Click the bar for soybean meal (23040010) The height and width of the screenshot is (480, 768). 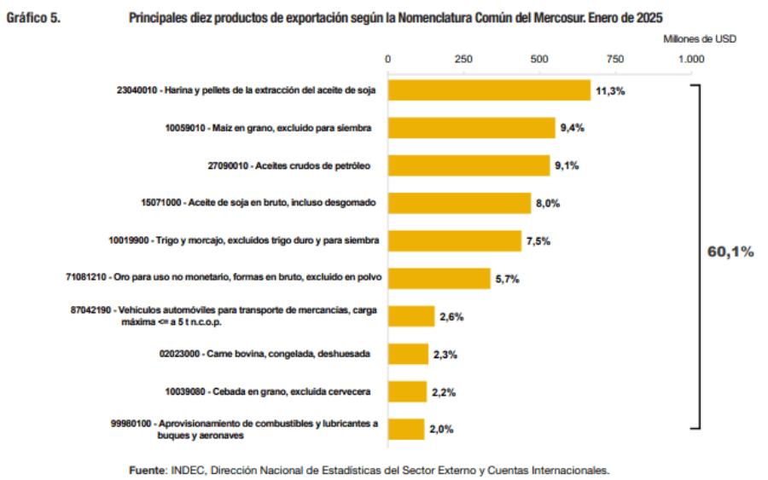pyautogui.click(x=489, y=90)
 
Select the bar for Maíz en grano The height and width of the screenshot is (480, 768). pyautogui.click(x=472, y=128)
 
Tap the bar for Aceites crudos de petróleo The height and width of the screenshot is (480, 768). pyautogui.click(x=468, y=165)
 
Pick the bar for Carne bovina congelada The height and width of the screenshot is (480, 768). pyautogui.click(x=408, y=354)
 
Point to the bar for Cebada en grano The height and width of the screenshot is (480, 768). pyautogui.click(x=407, y=391)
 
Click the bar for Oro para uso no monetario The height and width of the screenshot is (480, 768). pyautogui.click(x=439, y=279)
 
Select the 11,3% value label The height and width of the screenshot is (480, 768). pyautogui.click(x=610, y=90)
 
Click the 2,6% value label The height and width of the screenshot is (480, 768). pyautogui.click(x=451, y=316)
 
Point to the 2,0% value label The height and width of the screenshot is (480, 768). pyautogui.click(x=441, y=429)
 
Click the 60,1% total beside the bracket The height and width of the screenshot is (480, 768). pyautogui.click(x=730, y=252)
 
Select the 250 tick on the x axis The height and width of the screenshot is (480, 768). pyautogui.click(x=463, y=59)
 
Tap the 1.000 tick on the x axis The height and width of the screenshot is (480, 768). pyautogui.click(x=690, y=59)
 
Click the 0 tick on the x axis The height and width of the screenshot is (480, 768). pyautogui.click(x=388, y=59)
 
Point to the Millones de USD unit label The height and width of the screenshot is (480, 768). pyautogui.click(x=699, y=38)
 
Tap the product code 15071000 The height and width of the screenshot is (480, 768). pyautogui.click(x=160, y=204)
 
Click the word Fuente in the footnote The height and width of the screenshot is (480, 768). pyautogui.click(x=148, y=470)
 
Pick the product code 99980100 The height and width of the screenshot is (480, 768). pyautogui.click(x=131, y=423)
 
